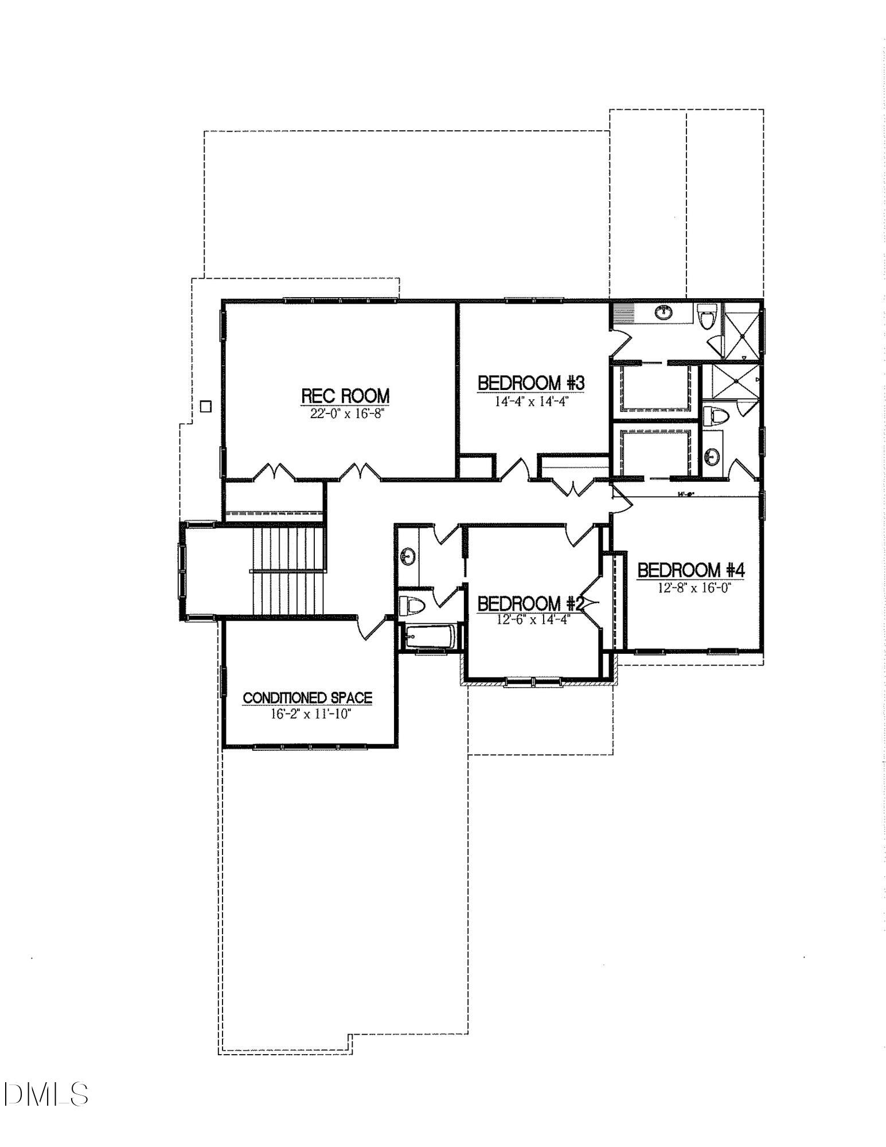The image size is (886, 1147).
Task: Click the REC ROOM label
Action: [x=345, y=396]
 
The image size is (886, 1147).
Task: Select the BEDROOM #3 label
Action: [x=531, y=383]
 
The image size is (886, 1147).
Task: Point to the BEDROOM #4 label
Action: [x=690, y=570]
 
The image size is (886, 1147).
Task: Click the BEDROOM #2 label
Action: [x=530, y=603]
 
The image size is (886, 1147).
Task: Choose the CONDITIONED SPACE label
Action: [x=307, y=698]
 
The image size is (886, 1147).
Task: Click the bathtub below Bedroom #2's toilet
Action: [x=430, y=637]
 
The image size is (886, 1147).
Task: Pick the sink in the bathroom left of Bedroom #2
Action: [x=408, y=555]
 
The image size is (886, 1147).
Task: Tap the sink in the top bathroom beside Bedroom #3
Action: [x=663, y=312]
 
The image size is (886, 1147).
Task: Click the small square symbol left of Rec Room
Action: [x=205, y=407]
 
